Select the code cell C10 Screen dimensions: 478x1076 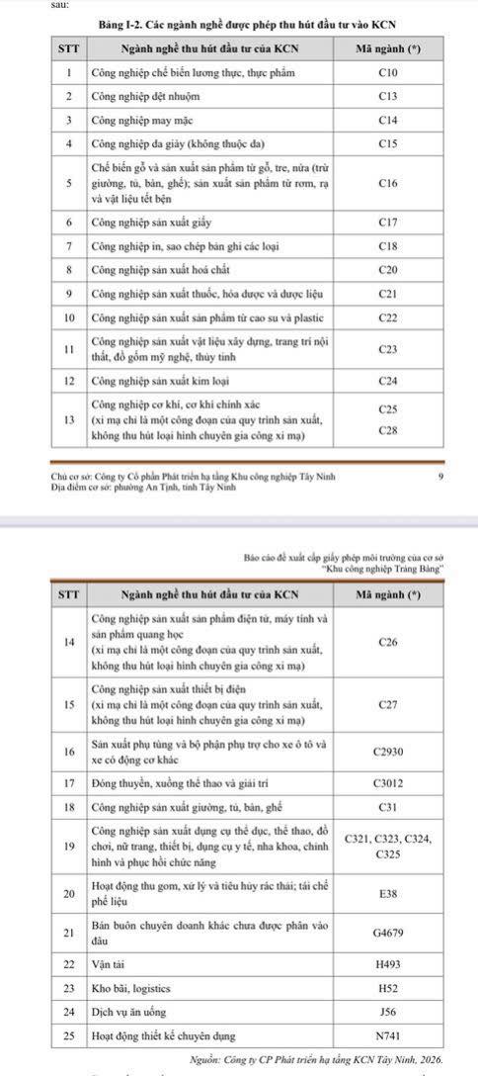click(x=388, y=73)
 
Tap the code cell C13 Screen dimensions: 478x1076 click(x=388, y=97)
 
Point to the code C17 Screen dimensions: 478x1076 click(x=388, y=224)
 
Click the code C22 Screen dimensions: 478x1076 click(x=388, y=317)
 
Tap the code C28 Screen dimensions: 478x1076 click(x=388, y=430)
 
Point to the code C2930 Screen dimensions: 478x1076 click(x=388, y=751)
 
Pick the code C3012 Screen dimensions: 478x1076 click(x=388, y=782)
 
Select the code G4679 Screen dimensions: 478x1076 click(x=388, y=931)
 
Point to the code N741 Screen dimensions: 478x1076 click(x=388, y=1036)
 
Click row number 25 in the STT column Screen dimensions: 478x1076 click(x=69, y=1036)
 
